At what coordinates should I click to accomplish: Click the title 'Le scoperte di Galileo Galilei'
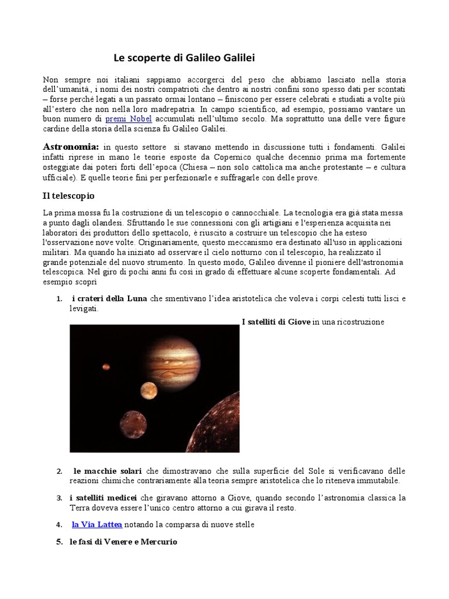click(x=184, y=58)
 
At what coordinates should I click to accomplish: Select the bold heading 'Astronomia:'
click(x=71, y=147)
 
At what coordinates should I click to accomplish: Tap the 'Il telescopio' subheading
click(x=69, y=195)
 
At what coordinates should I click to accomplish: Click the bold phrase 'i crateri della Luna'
click(x=109, y=298)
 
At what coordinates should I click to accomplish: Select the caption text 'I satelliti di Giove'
click(x=276, y=322)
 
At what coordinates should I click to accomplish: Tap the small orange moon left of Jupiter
click(x=106, y=367)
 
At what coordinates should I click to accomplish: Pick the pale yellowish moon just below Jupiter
click(x=148, y=390)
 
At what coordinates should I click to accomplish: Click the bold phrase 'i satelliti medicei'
click(x=103, y=498)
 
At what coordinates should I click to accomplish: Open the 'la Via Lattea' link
click(x=97, y=525)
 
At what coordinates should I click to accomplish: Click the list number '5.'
click(x=59, y=542)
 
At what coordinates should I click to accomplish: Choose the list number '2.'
click(x=60, y=471)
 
